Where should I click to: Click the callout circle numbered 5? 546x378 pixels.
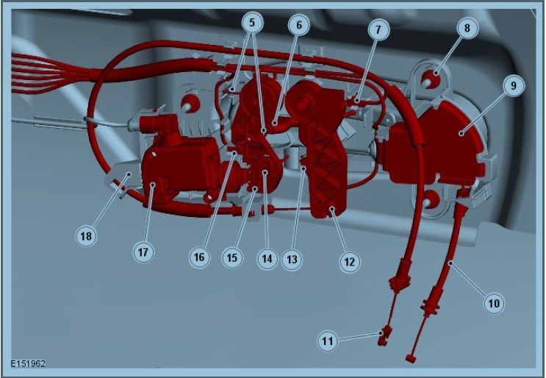click(252, 23)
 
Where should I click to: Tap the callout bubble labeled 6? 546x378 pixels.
click(299, 25)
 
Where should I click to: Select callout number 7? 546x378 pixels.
click(378, 29)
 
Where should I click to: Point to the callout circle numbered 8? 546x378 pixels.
click(467, 28)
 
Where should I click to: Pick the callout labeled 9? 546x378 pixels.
click(513, 86)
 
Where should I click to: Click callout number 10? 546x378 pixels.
click(494, 303)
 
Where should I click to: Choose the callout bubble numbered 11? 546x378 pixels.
click(328, 340)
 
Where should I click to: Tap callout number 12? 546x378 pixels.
click(349, 262)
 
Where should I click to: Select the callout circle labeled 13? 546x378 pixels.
click(292, 259)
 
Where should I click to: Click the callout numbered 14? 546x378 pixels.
click(267, 259)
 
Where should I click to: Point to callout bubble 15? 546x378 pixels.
click(232, 258)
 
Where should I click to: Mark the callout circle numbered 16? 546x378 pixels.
click(199, 257)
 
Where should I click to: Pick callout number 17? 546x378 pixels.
click(143, 252)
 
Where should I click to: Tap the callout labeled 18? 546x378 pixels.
click(86, 236)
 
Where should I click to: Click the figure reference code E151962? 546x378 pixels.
click(28, 364)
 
